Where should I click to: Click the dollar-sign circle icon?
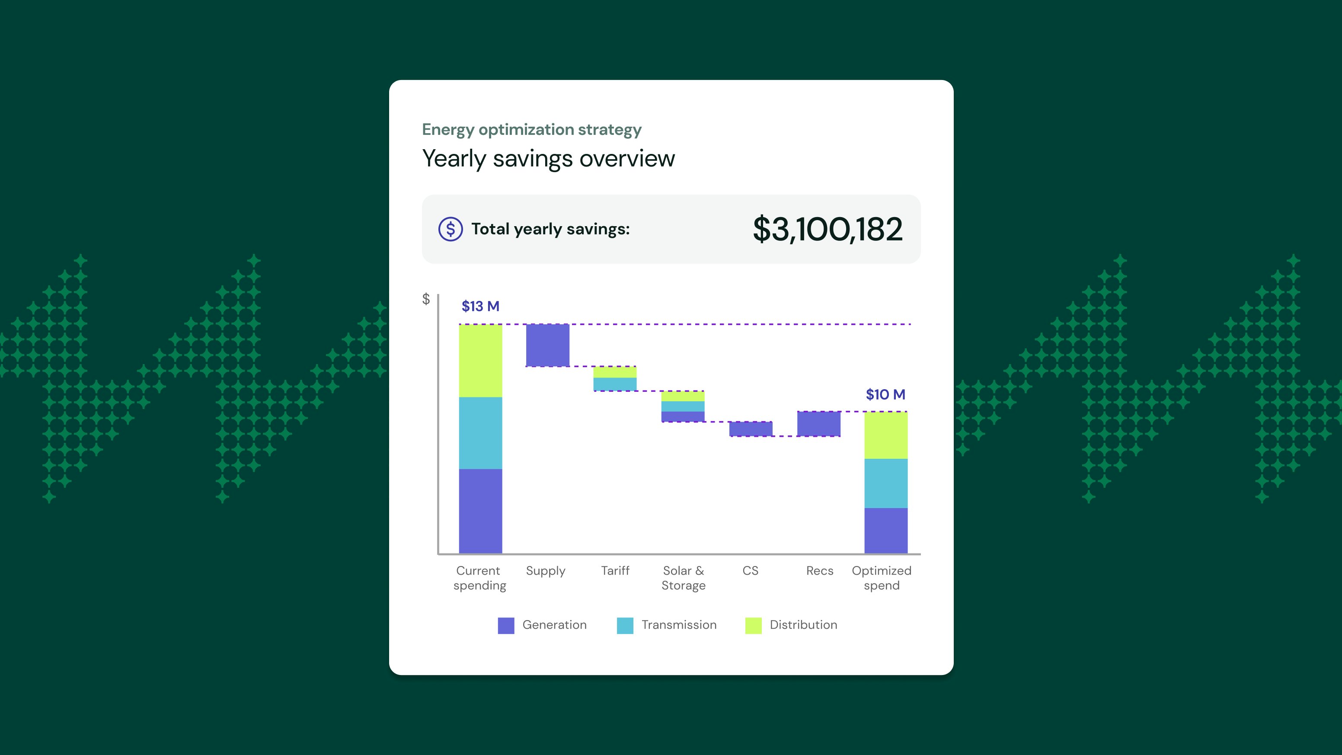pos(451,229)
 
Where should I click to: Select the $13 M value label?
pos(480,306)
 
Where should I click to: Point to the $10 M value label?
pos(885,394)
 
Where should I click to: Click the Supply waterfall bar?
pos(547,345)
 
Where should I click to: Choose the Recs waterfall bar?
pos(818,424)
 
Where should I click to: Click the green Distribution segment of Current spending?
pos(480,361)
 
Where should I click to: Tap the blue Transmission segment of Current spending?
pos(480,433)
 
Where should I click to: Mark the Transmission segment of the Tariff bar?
pos(615,384)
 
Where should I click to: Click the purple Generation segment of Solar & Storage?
pos(683,416)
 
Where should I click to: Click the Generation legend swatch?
pos(506,625)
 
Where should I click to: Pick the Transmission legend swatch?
pos(625,625)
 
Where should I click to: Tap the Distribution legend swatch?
pos(753,625)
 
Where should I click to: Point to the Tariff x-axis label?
pos(615,570)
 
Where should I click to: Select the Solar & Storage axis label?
pos(684,578)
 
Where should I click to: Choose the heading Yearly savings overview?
pos(548,158)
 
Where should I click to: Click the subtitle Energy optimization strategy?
pos(531,129)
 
